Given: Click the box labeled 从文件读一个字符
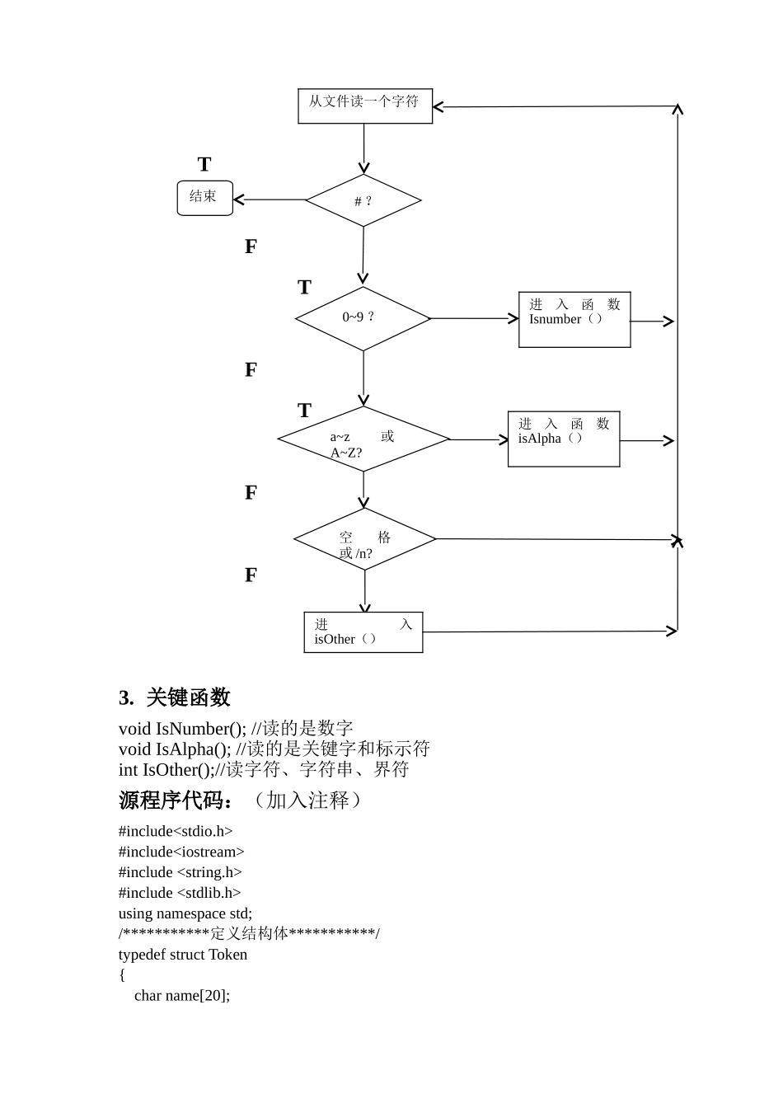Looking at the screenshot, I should tap(364, 106).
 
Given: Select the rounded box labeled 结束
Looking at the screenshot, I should tap(204, 198).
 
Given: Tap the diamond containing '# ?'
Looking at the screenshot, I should tap(363, 200).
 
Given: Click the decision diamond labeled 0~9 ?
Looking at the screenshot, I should tap(363, 318).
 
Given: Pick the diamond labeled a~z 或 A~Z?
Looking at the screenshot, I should tap(363, 439).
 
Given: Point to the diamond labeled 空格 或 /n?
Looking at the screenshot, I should tap(364, 540).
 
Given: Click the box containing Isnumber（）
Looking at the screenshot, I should tap(574, 320).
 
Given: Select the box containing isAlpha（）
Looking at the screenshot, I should tap(563, 439).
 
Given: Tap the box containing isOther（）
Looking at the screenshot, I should tap(363, 632).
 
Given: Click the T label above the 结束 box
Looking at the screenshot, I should tap(204, 165).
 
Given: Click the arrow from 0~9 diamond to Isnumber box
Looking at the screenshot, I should tap(474, 318).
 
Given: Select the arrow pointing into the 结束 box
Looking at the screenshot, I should tap(269, 200).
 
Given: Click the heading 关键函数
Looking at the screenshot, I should tap(188, 697).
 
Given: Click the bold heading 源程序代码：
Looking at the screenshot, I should tap(176, 800).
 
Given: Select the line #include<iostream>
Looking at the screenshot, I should tap(181, 852).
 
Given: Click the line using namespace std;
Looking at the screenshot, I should tap(185, 913).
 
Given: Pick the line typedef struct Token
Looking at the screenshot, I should tap(183, 955).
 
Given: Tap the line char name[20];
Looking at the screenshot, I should tap(182, 996).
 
